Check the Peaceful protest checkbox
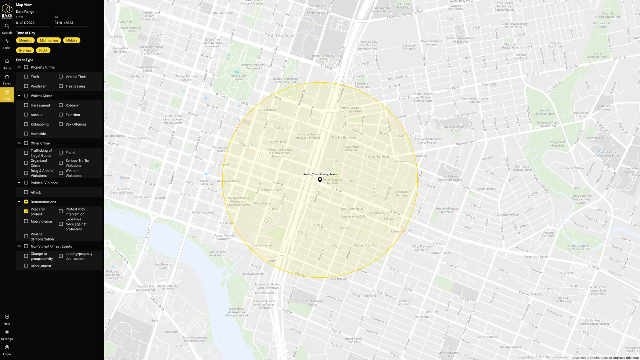click(26, 212)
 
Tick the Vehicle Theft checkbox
click(61, 77)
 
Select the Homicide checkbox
click(26, 134)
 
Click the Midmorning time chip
click(49, 40)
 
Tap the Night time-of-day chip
click(43, 50)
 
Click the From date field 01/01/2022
click(33, 23)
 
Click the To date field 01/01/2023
click(71, 23)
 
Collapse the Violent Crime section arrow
click(19, 96)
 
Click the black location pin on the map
click(320, 180)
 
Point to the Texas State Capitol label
click(238, 78)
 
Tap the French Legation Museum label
click(333, 181)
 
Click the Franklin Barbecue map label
click(344, 137)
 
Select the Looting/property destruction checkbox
click(61, 256)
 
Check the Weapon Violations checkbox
click(61, 173)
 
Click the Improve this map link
click(626, 358)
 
